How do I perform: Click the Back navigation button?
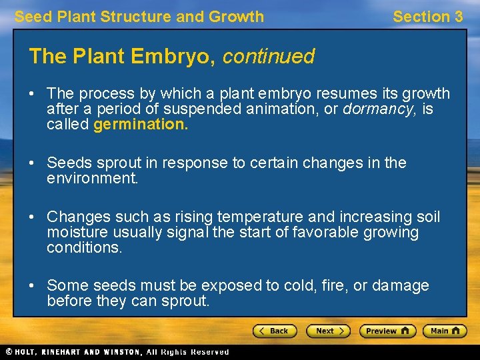274,331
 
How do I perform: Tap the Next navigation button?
327,331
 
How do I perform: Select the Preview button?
387,331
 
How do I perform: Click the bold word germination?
141,125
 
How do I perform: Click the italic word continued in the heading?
269,57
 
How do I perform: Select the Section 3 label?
427,17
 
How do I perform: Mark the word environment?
92,179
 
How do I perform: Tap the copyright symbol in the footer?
8,352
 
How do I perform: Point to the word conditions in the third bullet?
84,248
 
